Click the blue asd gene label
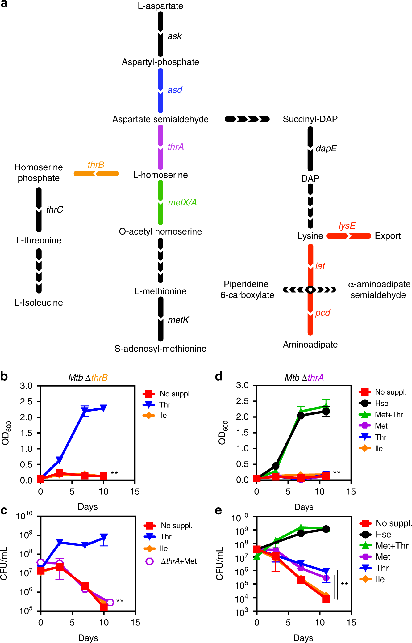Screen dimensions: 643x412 [175, 90]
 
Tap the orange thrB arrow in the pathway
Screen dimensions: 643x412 [96, 174]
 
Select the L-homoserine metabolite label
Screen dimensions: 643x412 [160, 175]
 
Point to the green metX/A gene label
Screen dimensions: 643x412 [182, 202]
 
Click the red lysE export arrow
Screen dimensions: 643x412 [348, 236]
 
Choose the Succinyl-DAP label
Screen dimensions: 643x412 [310, 119]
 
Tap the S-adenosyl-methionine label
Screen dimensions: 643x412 [160, 349]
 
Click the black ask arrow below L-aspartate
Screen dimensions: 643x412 [160, 34]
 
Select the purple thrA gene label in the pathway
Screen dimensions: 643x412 [176, 147]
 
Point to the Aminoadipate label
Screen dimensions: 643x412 [310, 345]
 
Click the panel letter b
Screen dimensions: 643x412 [4, 377]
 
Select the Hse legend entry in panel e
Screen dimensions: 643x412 [383, 534]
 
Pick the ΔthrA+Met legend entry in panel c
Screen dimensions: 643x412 [179, 561]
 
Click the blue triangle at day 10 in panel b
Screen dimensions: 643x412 [103, 408]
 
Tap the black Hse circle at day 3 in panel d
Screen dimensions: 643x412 [276, 466]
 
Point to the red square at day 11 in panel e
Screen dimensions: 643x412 [326, 599]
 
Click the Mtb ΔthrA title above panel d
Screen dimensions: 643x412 [304, 378]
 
